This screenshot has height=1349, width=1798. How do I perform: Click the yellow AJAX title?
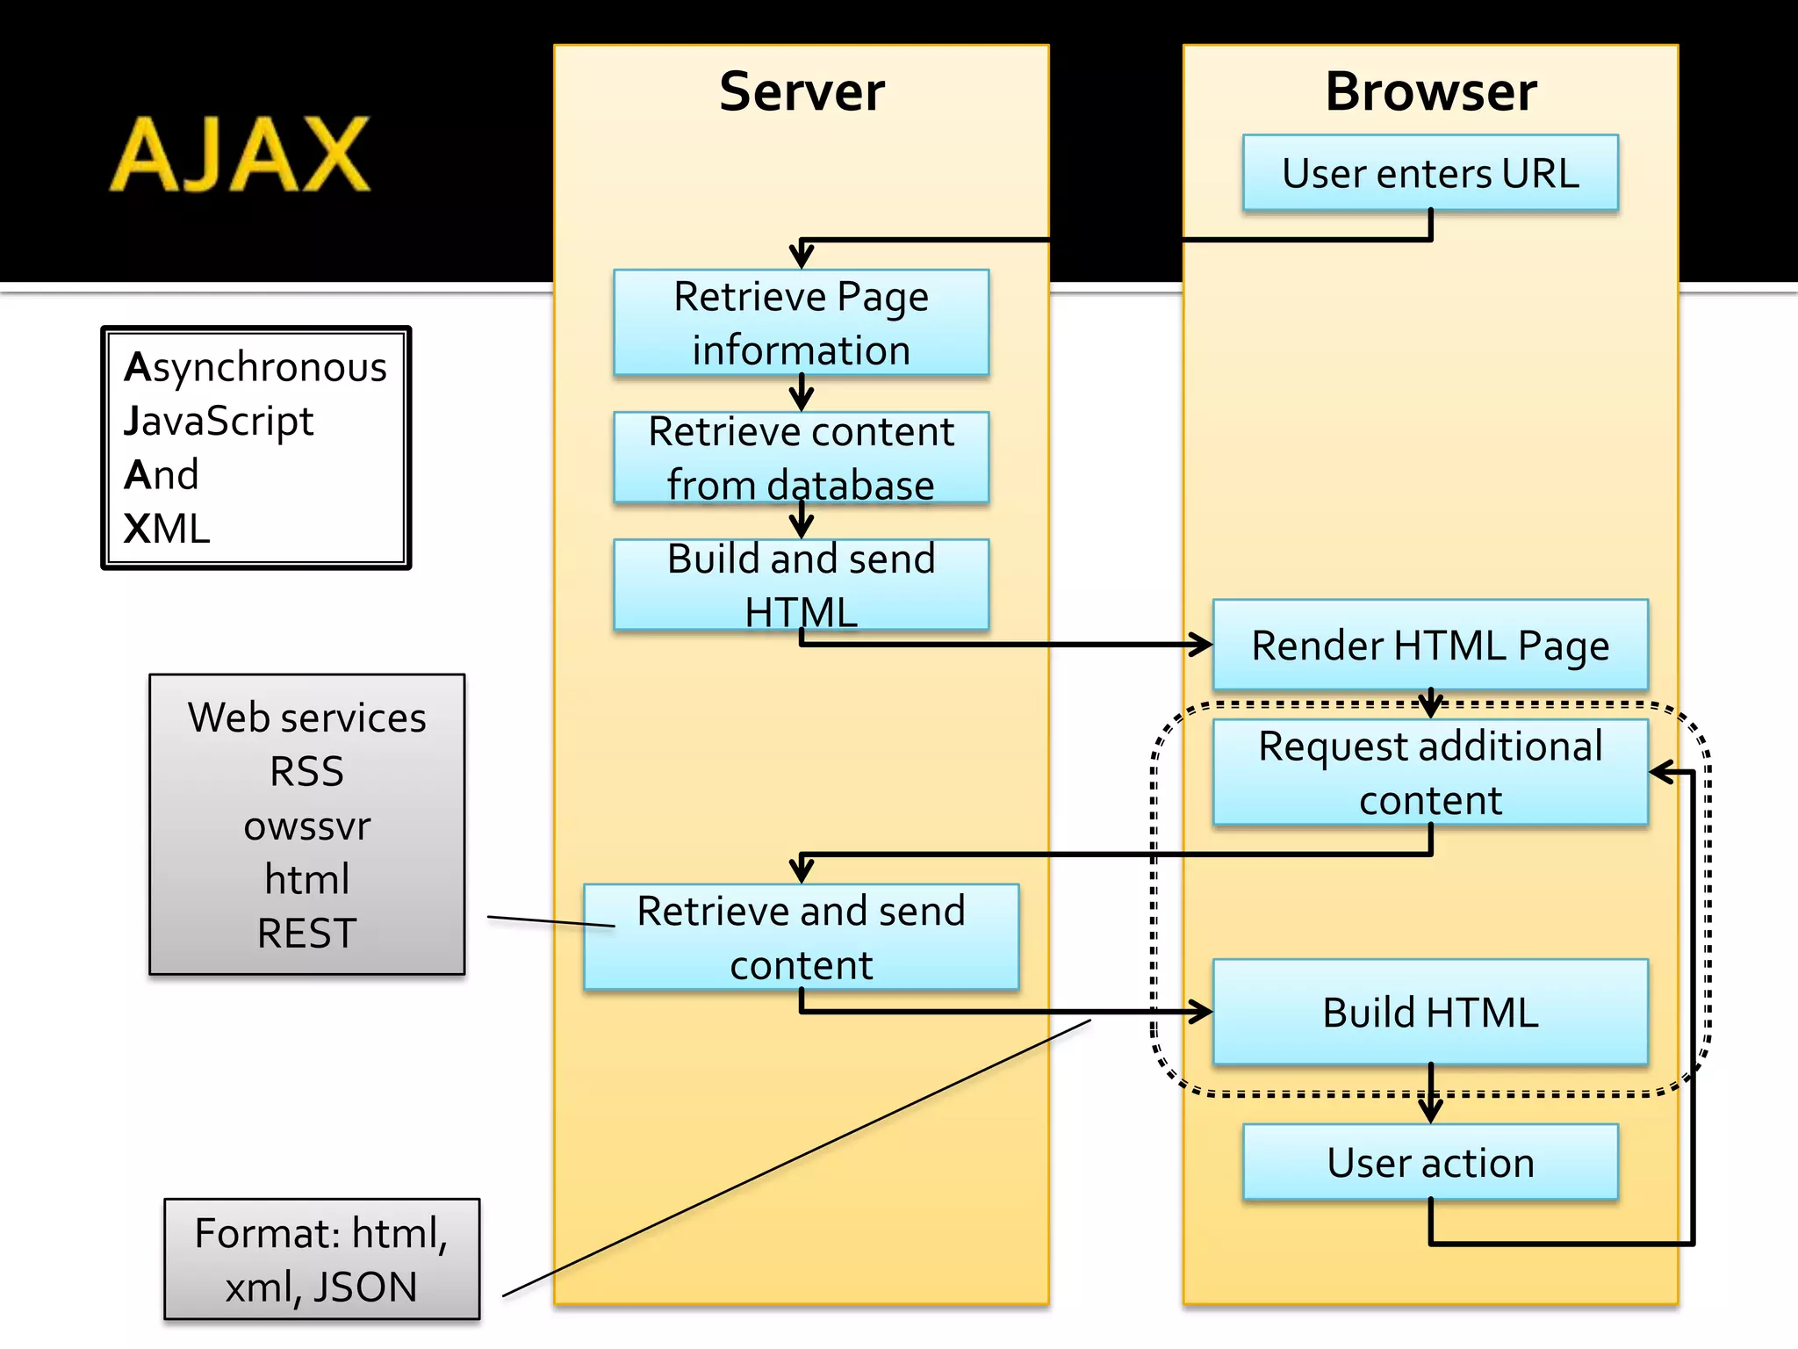pos(240,155)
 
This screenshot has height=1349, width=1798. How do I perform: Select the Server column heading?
pos(801,91)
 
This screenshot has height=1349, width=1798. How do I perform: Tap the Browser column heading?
pos(1430,91)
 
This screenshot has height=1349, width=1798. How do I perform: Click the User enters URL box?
pos(1429,173)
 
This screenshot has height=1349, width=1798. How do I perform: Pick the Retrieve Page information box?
pos(801,322)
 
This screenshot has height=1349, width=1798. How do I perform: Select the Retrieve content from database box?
pos(801,458)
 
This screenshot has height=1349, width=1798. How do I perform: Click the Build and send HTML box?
pos(801,584)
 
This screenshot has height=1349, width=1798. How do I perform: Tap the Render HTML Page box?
pos(1429,646)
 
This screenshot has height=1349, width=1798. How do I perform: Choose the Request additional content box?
pos(1429,772)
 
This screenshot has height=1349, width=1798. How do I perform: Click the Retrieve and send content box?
pos(801,937)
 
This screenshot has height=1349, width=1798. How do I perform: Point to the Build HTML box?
pos(1429,1012)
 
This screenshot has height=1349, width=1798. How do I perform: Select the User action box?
pos(1429,1162)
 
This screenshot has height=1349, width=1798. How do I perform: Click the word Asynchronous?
pos(255,367)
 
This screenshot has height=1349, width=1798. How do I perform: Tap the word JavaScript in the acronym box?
pos(219,422)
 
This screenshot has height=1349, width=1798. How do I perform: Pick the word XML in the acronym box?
pos(167,529)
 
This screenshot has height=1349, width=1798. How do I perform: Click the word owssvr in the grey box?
pos(306,826)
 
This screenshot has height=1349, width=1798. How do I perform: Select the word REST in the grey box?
pos(306,933)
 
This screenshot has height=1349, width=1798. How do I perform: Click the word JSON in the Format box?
pos(365,1287)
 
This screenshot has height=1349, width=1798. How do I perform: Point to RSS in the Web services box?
pos(306,772)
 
